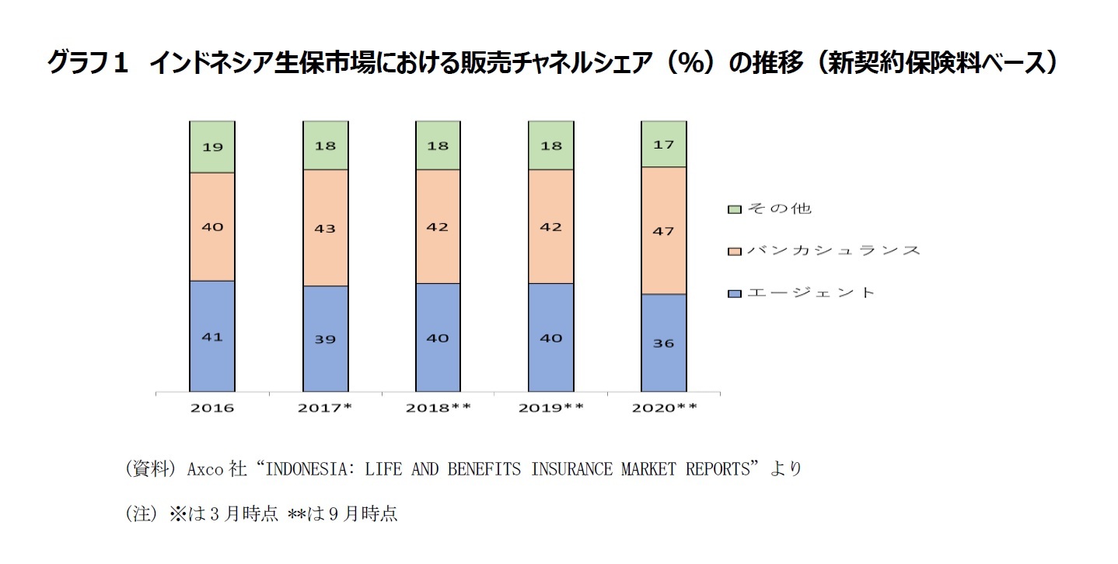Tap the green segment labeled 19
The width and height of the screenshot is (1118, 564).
(211, 146)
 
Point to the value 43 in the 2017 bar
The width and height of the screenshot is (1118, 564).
(325, 228)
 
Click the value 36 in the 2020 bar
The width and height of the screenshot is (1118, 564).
(663, 342)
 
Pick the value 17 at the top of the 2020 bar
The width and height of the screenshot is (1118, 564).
(663, 145)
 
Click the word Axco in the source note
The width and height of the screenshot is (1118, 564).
(204, 469)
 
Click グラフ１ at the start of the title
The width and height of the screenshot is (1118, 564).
(86, 62)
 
